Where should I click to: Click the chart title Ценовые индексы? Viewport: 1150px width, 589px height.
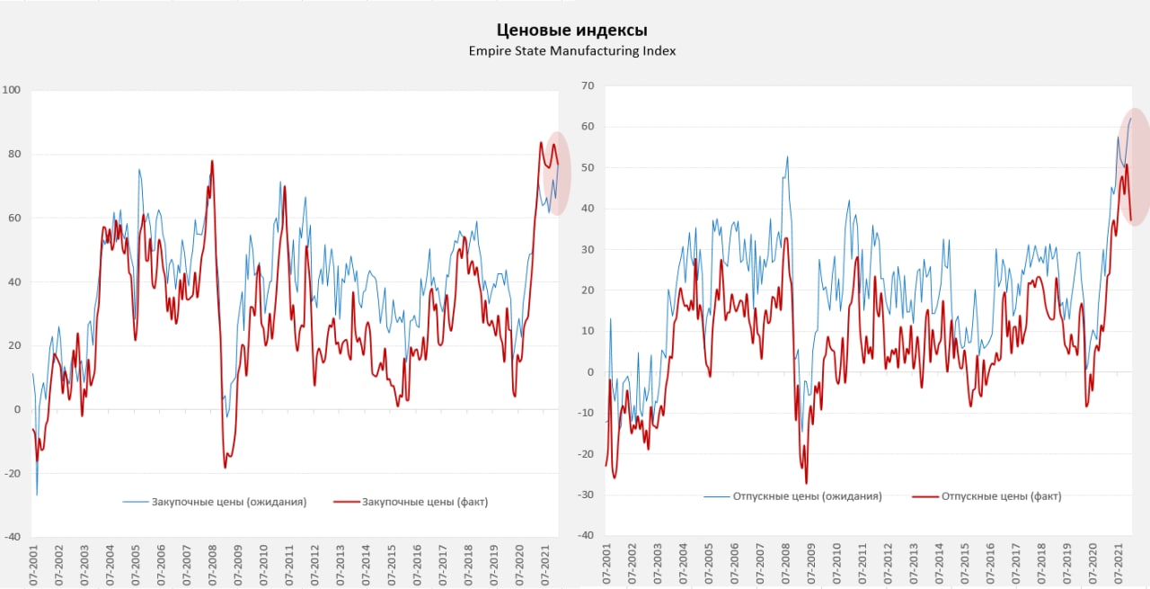point(571,31)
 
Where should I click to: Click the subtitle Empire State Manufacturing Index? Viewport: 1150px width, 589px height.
point(571,51)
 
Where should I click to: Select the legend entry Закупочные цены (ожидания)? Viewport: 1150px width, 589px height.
point(229,502)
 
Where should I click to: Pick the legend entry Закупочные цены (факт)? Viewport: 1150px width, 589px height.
point(424,502)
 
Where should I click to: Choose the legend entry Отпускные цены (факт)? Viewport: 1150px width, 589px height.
point(1001,495)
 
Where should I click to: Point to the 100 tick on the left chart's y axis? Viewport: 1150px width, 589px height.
point(12,90)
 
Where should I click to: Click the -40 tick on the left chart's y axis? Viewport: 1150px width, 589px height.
point(12,537)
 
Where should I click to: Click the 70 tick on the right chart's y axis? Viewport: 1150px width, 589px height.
point(588,85)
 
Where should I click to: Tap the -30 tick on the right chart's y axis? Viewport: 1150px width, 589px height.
point(586,495)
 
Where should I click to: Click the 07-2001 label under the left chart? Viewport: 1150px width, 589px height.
point(33,566)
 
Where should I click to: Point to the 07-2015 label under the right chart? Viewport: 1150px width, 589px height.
point(966,566)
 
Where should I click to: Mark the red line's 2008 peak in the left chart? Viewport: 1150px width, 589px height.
point(212,161)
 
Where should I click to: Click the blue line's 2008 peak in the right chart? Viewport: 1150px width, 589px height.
point(788,156)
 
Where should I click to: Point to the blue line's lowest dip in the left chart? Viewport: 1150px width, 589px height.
point(37,495)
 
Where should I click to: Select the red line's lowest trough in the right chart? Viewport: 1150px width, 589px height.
point(806,484)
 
